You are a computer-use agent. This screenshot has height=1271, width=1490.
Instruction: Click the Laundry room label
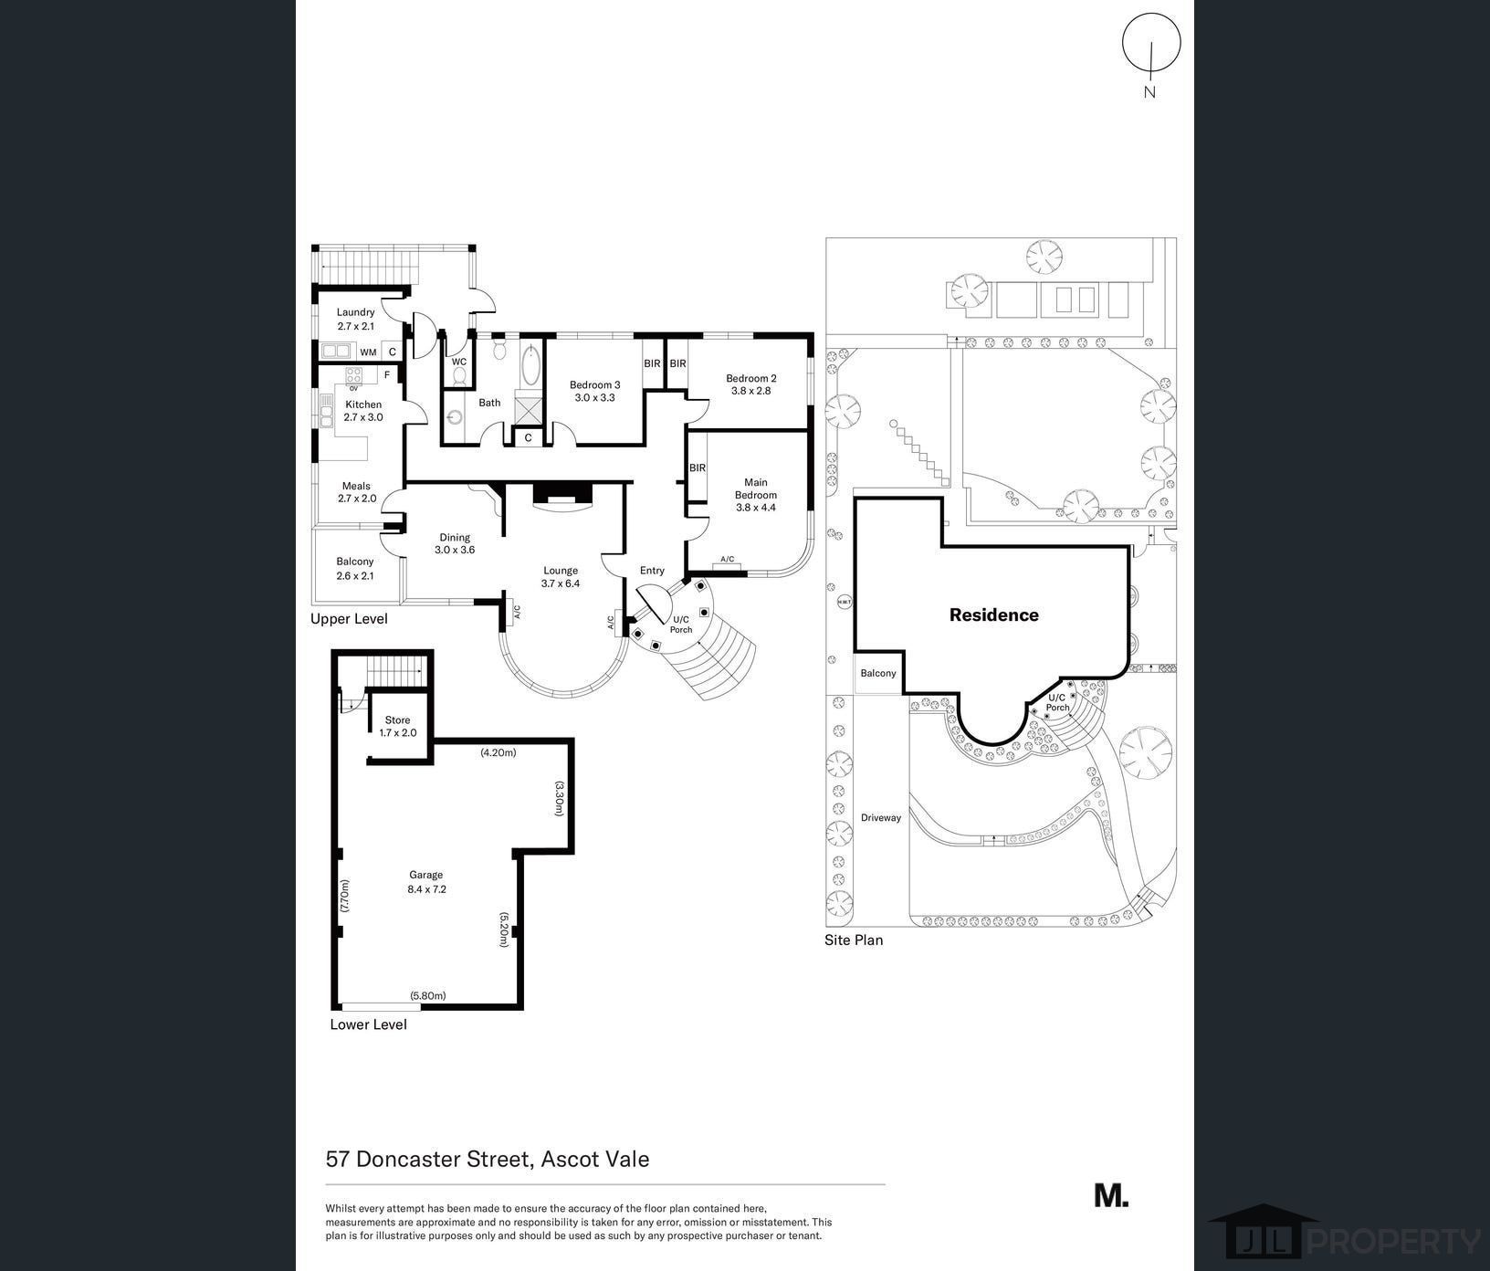click(x=356, y=319)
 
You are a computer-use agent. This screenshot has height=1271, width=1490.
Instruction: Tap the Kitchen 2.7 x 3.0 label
click(x=363, y=411)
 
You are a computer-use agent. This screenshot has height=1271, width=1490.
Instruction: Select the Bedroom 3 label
click(x=595, y=391)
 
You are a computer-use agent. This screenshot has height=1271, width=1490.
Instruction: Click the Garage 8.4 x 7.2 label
click(x=426, y=882)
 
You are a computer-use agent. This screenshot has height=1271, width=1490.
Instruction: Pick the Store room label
click(x=398, y=726)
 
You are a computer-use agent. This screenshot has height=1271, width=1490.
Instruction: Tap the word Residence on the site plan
click(x=994, y=615)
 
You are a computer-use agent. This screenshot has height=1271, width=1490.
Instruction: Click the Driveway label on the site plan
click(x=881, y=818)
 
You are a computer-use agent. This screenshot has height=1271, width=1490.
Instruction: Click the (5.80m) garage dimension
click(x=428, y=996)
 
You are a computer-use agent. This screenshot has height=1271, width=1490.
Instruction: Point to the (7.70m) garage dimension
click(x=344, y=897)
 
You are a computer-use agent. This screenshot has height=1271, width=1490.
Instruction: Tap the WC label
click(x=459, y=362)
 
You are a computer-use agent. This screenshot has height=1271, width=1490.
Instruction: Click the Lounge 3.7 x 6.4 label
click(x=561, y=577)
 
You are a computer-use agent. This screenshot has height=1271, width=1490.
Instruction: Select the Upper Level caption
click(x=349, y=619)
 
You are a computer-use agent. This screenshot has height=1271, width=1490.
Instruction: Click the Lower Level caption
click(x=368, y=1024)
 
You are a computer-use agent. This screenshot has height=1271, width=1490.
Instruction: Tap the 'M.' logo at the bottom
click(x=1111, y=1195)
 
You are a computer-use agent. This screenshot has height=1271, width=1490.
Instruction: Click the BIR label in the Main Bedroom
click(x=698, y=468)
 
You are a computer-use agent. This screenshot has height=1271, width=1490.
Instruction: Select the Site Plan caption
click(x=854, y=940)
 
